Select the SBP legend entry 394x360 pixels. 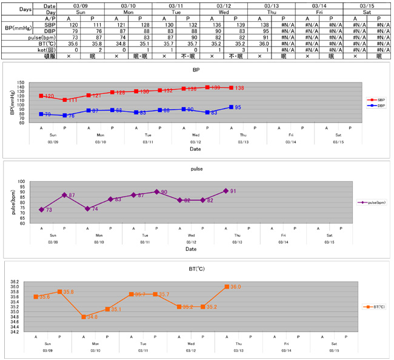(376, 100)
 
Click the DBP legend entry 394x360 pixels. (376, 105)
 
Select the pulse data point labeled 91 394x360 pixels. (226, 191)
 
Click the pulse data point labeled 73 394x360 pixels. (41, 210)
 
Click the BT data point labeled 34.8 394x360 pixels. (83, 317)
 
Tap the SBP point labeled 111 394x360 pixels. (65, 100)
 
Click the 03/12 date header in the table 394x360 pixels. (223, 5)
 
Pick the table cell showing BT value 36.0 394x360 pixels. (259, 44)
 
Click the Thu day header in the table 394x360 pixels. (270, 12)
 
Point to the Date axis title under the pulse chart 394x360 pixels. (191, 249)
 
